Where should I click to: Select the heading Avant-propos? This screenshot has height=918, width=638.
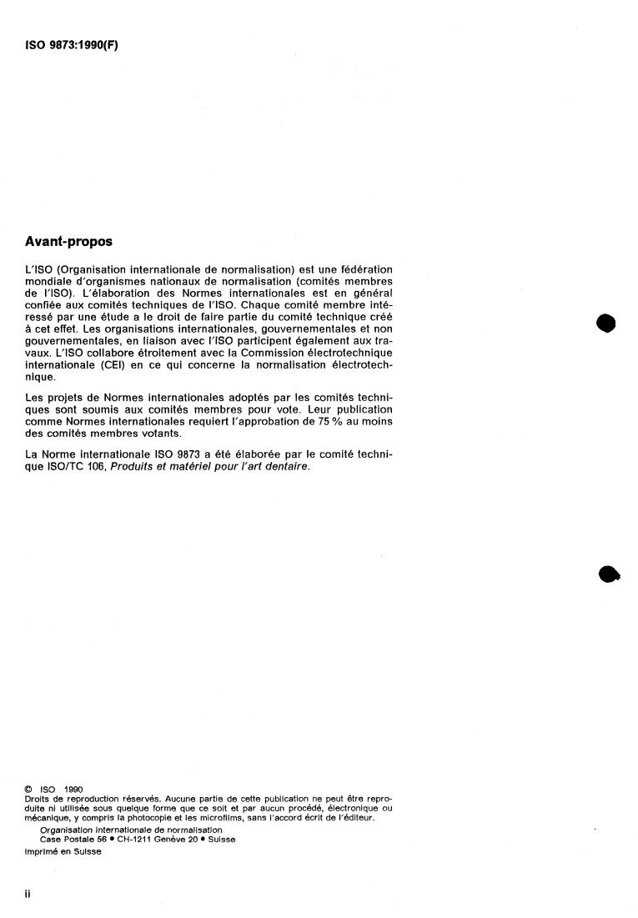tap(69, 243)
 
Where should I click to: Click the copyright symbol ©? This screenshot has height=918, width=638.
tap(31, 787)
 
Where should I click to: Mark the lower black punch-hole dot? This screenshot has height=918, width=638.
tap(610, 574)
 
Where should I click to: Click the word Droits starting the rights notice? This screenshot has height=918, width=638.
tap(38, 798)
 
